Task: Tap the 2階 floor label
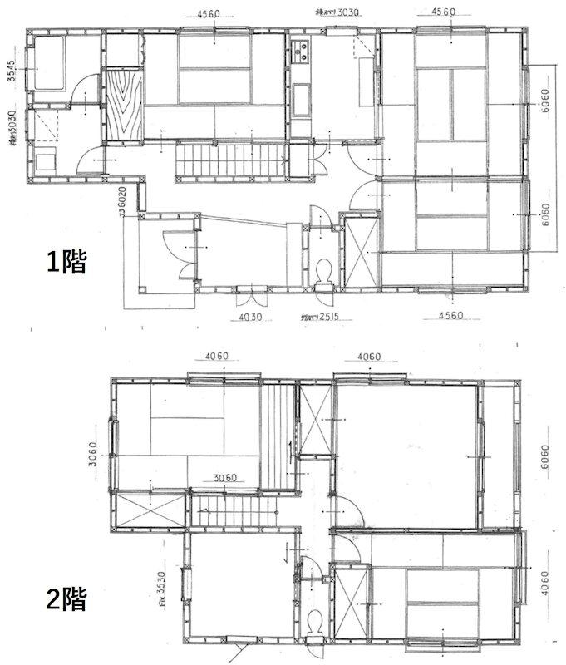[x=66, y=599]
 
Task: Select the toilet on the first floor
[x=325, y=270]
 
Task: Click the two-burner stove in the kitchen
[x=299, y=51]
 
